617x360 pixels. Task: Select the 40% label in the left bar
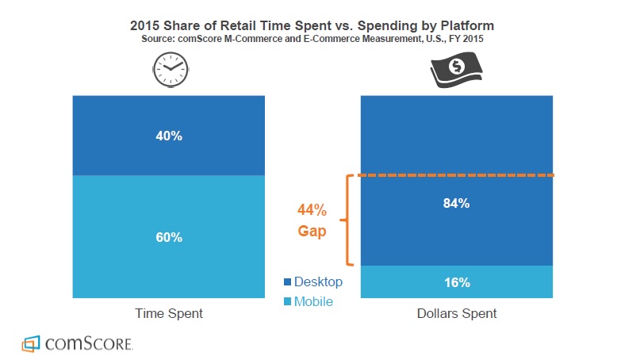(x=169, y=136)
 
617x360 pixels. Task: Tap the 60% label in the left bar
(x=169, y=237)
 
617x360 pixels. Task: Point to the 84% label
(x=457, y=203)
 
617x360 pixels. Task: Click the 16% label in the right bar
(x=457, y=282)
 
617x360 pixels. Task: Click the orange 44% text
(x=311, y=210)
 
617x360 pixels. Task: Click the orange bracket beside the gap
(x=347, y=220)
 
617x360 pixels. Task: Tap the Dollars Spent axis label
(x=457, y=313)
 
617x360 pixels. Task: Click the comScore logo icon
(x=30, y=343)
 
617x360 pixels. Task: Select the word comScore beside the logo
(x=87, y=344)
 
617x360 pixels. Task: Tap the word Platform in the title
(x=465, y=25)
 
